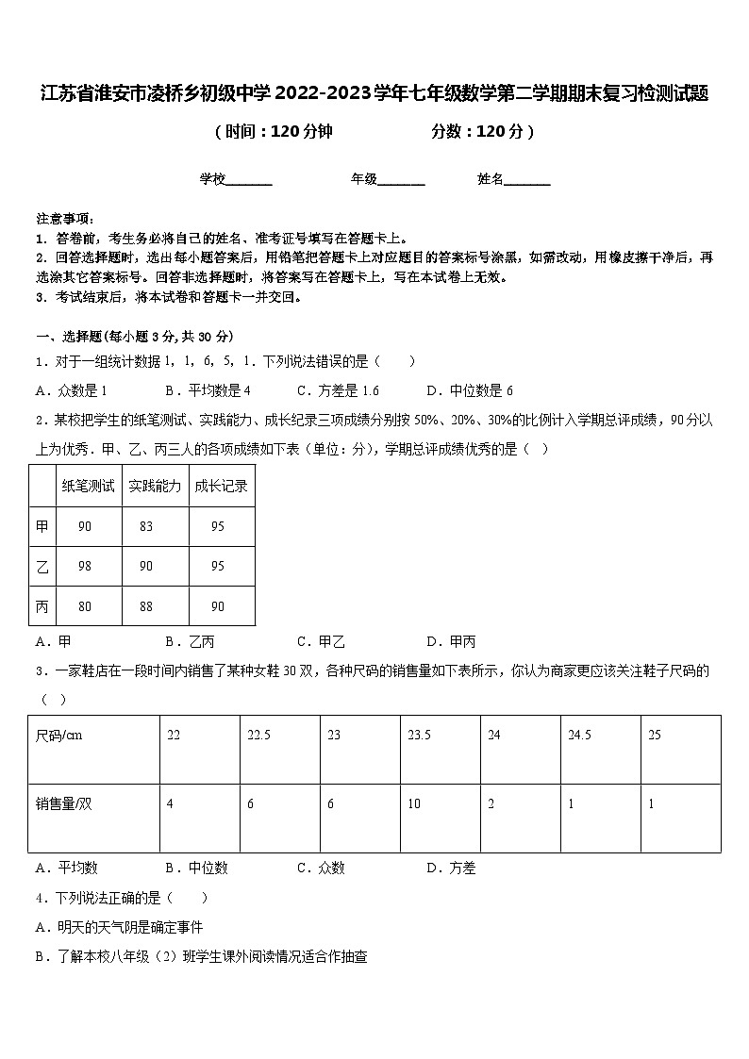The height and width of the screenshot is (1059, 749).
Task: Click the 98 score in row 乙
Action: [85, 566]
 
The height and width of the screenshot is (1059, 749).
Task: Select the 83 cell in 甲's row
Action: [146, 526]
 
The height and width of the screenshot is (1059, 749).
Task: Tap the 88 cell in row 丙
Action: [146, 606]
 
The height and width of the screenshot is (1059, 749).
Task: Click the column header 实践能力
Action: [155, 487]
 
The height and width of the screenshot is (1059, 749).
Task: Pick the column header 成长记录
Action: [221, 487]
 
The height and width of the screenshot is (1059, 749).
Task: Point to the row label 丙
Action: [42, 606]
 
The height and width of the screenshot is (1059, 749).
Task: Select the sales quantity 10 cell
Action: [414, 804]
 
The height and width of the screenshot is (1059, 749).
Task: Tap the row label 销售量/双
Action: [64, 804]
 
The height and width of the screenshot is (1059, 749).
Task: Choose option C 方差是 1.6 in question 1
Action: [338, 390]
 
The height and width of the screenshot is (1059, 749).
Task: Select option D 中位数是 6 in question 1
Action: [470, 390]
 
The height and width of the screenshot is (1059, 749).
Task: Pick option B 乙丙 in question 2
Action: [190, 642]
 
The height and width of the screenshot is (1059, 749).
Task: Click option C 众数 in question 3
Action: [321, 869]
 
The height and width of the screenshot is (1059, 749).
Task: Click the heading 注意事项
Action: [65, 218]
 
